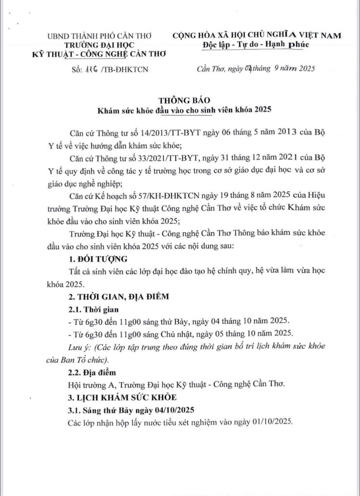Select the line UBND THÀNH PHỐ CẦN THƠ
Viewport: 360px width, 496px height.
tap(99, 36)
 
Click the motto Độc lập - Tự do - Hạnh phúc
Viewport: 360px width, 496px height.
tap(255, 45)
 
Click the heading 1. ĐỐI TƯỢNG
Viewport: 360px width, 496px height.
tap(95, 259)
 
